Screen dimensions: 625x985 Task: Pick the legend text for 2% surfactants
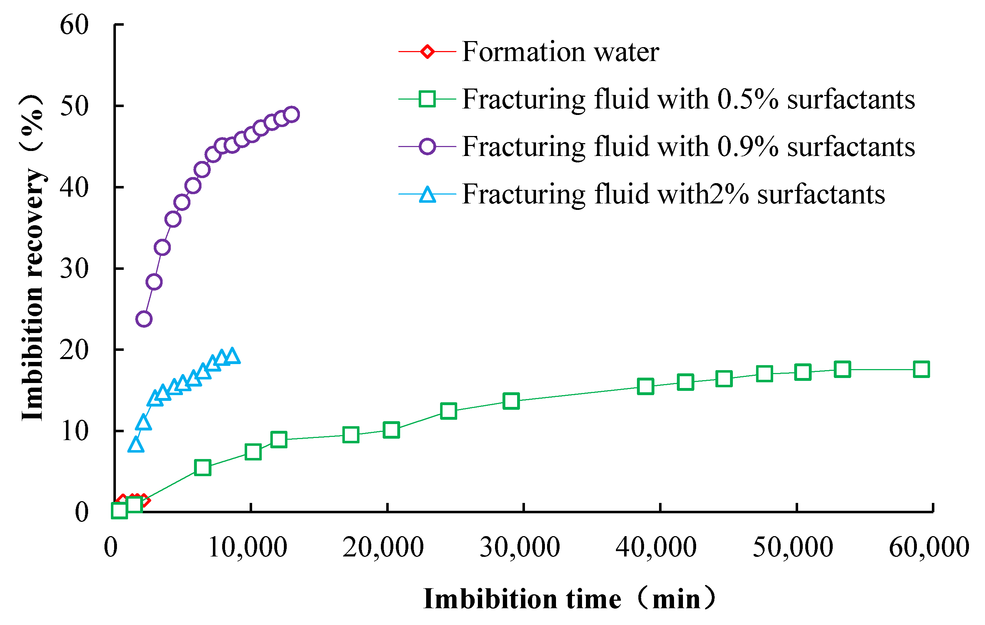coord(673,194)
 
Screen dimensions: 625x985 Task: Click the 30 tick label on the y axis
coord(74,269)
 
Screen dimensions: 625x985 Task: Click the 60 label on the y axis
coord(74,25)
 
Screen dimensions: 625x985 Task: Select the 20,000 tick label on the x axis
coord(383,547)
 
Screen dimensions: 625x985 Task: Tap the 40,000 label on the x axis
coord(656,547)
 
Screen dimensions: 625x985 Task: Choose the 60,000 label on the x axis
coord(929,547)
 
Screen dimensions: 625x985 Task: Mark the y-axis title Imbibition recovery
coord(33,258)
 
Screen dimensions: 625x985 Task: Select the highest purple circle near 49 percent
coord(292,114)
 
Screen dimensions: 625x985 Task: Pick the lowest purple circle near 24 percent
coord(144,318)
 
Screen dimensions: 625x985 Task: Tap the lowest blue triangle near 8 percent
coord(136,445)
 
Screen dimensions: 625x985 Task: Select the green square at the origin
coord(119,510)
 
